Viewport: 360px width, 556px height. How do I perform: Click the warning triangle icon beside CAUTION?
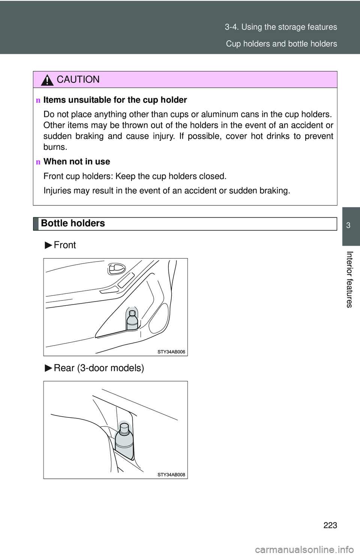tap(47, 80)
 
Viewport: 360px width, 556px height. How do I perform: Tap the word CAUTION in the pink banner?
tap(78, 79)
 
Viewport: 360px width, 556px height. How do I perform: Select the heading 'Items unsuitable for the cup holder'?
tap(115, 100)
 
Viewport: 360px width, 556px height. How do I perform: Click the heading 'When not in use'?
tap(76, 162)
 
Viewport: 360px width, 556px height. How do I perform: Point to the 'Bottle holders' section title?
tap(73, 223)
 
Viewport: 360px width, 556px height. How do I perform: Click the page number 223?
tap(330, 525)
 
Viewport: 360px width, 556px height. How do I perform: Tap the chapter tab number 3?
tap(348, 225)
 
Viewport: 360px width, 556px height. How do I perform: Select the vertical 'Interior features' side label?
tap(349, 279)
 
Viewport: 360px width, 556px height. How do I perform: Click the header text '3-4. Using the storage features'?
tap(280, 27)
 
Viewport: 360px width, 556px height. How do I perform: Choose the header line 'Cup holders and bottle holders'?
tap(281, 44)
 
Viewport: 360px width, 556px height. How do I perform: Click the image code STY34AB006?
tap(171, 352)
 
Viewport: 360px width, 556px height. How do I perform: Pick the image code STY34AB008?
tap(171, 475)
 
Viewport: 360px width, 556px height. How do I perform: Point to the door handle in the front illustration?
tap(116, 269)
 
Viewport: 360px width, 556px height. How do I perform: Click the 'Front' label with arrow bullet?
tap(61, 245)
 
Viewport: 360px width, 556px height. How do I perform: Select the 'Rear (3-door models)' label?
tap(94, 368)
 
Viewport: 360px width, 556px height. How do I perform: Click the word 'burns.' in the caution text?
tap(55, 147)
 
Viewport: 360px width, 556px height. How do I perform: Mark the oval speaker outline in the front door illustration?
tap(159, 318)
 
